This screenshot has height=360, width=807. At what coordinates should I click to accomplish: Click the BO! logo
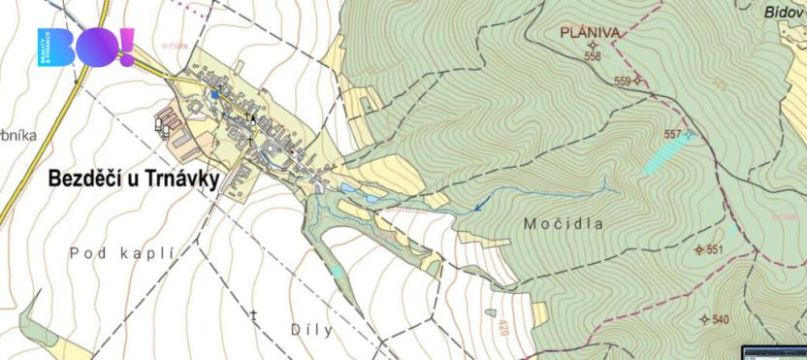tap(85, 48)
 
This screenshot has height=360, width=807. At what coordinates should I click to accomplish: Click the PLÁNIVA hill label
tap(591, 33)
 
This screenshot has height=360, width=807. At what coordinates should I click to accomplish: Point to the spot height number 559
tap(622, 82)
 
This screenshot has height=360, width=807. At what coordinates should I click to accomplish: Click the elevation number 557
tap(672, 134)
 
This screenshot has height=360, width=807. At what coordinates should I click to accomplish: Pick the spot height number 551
tap(715, 249)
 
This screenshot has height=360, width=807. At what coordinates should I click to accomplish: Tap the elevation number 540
tap(720, 319)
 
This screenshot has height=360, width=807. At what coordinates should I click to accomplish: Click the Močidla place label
tap(564, 223)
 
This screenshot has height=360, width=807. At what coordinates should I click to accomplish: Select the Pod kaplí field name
tap(121, 252)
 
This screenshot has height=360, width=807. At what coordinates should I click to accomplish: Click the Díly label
tap(311, 330)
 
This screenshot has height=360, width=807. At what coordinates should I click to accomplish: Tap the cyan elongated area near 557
tap(668, 153)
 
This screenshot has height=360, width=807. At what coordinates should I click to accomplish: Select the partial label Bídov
tap(784, 11)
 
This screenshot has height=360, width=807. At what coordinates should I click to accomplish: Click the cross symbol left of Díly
tap(254, 315)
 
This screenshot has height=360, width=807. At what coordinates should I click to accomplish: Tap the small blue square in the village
tap(215, 95)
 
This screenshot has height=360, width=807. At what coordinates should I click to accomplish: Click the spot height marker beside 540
tap(704, 319)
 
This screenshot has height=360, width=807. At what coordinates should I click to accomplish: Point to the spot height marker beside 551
tap(699, 249)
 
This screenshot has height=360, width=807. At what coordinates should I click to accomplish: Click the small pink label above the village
tap(175, 45)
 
